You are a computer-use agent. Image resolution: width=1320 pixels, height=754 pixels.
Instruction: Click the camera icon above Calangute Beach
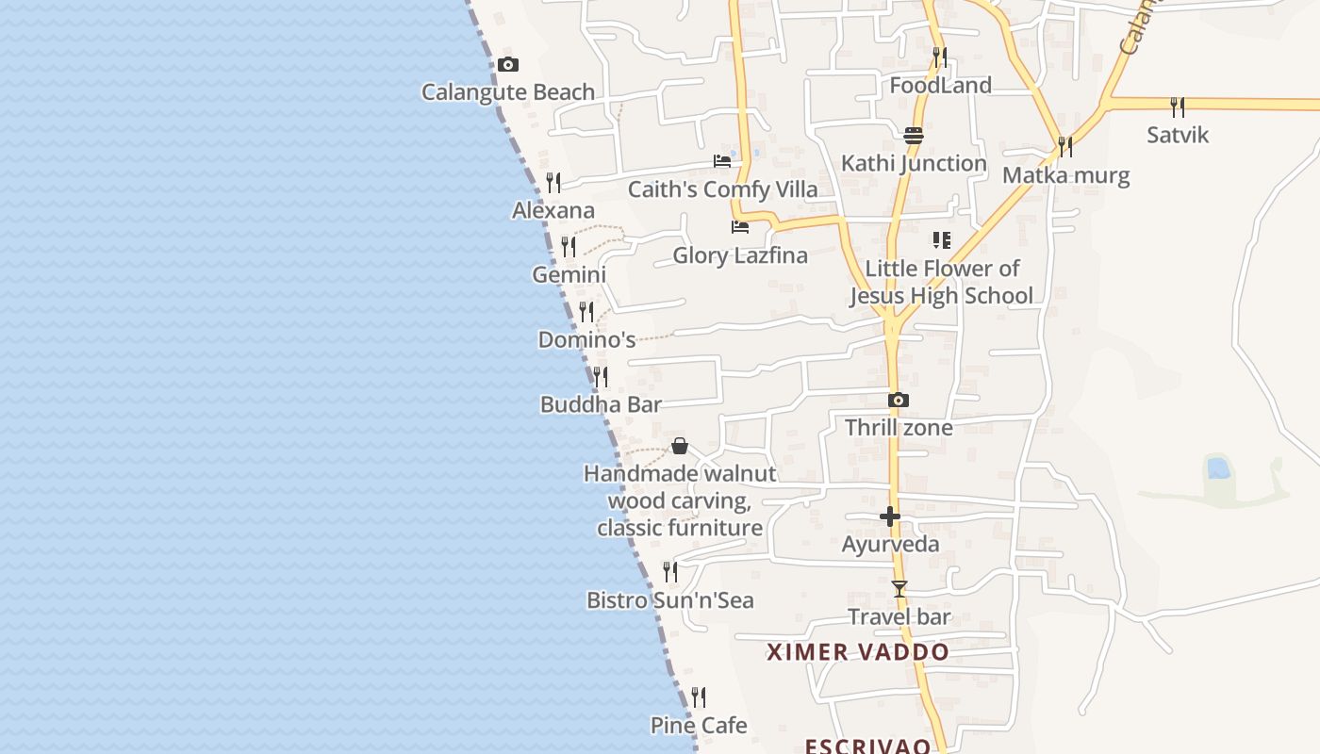pyautogui.click(x=508, y=65)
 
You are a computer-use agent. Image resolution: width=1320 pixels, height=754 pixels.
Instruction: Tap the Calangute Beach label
pyautogui.click(x=508, y=92)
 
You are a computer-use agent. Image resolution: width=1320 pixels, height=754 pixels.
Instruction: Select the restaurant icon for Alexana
pyautogui.click(x=553, y=183)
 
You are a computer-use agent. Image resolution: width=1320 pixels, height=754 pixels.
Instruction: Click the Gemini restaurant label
pyautogui.click(x=569, y=275)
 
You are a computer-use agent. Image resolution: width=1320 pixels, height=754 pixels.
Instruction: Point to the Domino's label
pyautogui.click(x=586, y=339)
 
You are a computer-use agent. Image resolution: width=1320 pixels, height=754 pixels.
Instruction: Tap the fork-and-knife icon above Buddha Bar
pyautogui.click(x=600, y=377)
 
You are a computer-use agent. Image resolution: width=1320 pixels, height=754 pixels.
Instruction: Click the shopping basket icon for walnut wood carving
pyautogui.click(x=680, y=446)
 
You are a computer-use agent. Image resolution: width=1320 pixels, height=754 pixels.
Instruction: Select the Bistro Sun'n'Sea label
pyautogui.click(x=670, y=600)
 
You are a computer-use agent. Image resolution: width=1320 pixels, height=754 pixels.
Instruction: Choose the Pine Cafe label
pyautogui.click(x=699, y=726)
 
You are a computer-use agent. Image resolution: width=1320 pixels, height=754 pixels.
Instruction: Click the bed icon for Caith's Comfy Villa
pyautogui.click(x=722, y=161)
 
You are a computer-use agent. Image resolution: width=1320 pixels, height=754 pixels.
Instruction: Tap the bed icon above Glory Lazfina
pyautogui.click(x=740, y=227)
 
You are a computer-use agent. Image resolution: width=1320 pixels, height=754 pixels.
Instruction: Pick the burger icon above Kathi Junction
pyautogui.click(x=913, y=136)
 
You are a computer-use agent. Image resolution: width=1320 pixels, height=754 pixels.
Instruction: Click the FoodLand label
pyautogui.click(x=941, y=86)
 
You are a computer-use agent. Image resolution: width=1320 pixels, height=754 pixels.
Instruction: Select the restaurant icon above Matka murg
pyautogui.click(x=1065, y=147)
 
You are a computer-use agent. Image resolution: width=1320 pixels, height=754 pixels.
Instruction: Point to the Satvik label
pyautogui.click(x=1178, y=135)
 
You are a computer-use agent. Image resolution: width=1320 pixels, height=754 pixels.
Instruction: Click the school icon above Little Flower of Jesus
pyautogui.click(x=941, y=240)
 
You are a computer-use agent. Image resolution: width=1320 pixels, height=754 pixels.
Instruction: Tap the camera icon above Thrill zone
pyautogui.click(x=899, y=401)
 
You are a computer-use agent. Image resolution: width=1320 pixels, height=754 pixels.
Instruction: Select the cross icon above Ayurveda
pyautogui.click(x=890, y=516)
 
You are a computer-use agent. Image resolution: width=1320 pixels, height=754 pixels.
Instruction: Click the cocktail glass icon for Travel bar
pyautogui.click(x=899, y=589)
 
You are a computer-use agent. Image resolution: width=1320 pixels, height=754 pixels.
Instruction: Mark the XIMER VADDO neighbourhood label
pyautogui.click(x=858, y=652)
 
